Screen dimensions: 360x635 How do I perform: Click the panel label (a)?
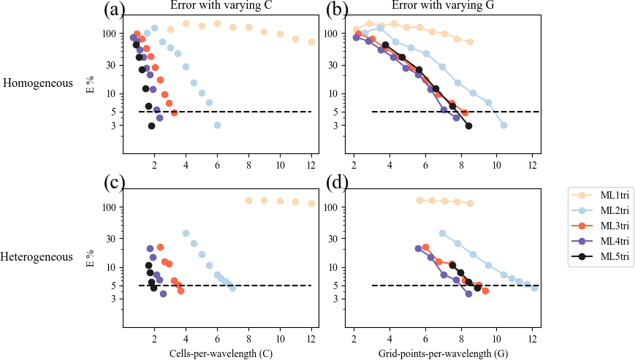(117, 9)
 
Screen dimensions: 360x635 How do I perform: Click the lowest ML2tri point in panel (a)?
(217, 125)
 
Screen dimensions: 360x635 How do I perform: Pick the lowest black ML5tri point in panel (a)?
(151, 126)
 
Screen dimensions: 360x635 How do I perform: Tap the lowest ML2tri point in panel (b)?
(503, 125)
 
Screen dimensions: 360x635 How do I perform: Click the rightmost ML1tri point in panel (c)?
(311, 203)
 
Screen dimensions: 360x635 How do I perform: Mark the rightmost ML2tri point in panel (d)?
(534, 288)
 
